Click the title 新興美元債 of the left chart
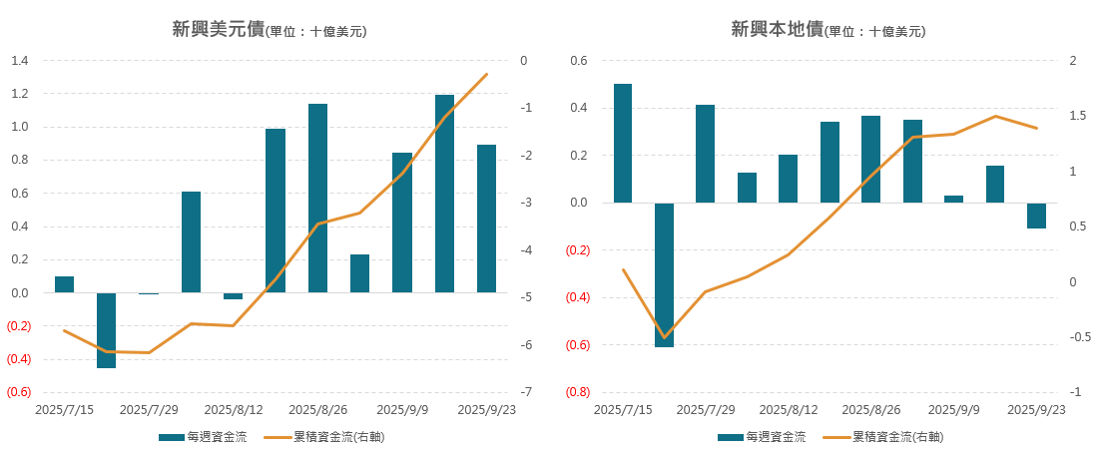(218, 30)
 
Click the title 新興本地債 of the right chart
(777, 30)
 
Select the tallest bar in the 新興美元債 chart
(444, 193)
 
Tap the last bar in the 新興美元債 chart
(486, 219)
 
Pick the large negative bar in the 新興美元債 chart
(106, 330)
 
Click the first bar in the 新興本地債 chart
(623, 143)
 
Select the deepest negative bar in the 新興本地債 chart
(664, 274)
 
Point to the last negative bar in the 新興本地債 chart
(1037, 216)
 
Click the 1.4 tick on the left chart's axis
(19, 61)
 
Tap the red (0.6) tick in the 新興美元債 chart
(19, 392)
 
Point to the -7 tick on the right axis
(523, 392)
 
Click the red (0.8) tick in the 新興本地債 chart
(578, 392)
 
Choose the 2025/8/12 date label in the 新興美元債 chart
(234, 410)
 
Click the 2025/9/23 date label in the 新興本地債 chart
(1036, 410)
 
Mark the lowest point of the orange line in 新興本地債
(664, 337)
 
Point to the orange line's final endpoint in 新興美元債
(486, 74)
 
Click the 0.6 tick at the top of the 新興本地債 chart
(579, 61)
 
